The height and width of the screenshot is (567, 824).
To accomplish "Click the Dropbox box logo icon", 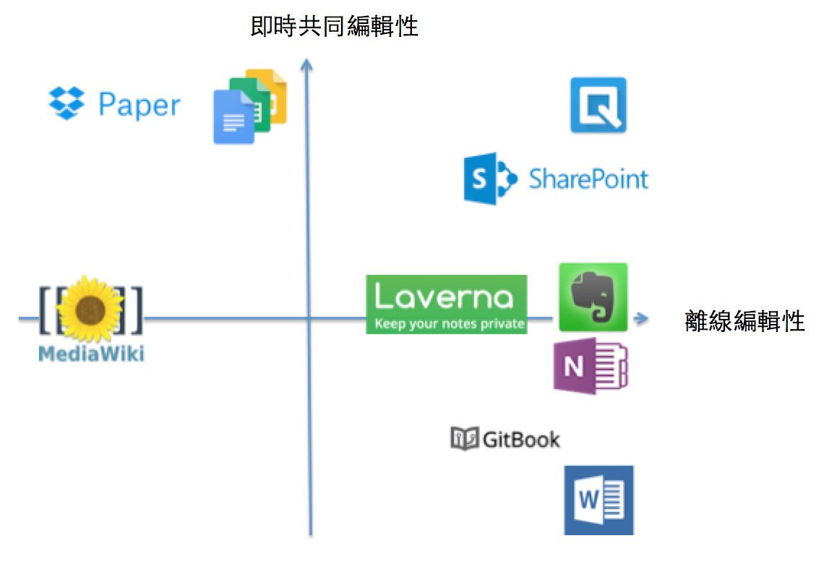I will click(x=66, y=103).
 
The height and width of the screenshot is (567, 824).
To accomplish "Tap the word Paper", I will click(x=140, y=106).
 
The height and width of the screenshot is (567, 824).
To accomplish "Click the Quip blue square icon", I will click(x=598, y=106).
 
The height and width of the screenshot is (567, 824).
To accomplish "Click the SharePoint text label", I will click(x=588, y=178).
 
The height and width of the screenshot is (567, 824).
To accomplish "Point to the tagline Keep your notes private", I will click(x=450, y=323).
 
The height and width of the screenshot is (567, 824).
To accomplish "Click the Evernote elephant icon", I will click(x=593, y=297).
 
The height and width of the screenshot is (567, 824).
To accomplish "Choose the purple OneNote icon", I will click(x=591, y=367).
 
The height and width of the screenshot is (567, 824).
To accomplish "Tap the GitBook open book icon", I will click(x=464, y=438).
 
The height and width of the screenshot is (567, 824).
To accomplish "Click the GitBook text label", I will click(x=520, y=438).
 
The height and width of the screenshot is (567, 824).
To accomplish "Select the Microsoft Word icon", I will click(x=598, y=500).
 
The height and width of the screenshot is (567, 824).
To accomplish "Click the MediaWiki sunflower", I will click(x=91, y=309).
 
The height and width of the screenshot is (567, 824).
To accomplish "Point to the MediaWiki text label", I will click(x=91, y=354).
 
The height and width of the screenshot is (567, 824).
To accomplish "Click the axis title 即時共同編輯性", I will click(x=334, y=27).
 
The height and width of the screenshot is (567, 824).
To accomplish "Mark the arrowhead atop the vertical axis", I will click(x=307, y=65).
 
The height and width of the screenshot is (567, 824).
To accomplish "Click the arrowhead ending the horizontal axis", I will click(x=641, y=318).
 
